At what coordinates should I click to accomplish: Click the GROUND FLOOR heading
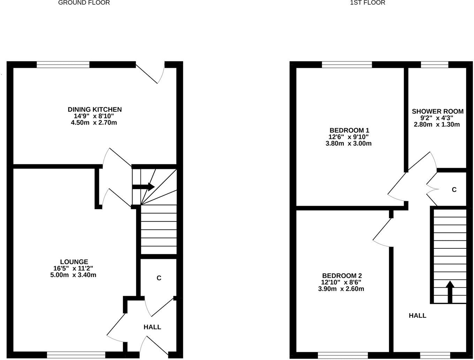click(84, 3)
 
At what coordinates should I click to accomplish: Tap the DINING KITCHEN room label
click(94, 110)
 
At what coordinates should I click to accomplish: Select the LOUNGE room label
click(74, 262)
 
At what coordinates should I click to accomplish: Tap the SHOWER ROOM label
click(437, 112)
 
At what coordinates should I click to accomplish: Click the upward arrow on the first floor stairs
click(450, 292)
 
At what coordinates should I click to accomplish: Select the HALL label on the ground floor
click(152, 327)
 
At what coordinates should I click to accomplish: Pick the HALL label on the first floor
click(417, 316)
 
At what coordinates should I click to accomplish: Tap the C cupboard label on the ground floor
click(159, 278)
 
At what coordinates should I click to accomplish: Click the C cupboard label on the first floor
click(454, 190)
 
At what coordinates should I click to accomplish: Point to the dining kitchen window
click(63, 65)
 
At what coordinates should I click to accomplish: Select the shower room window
click(434, 65)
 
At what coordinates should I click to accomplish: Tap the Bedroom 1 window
click(347, 65)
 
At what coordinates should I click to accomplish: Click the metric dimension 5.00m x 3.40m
click(73, 275)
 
